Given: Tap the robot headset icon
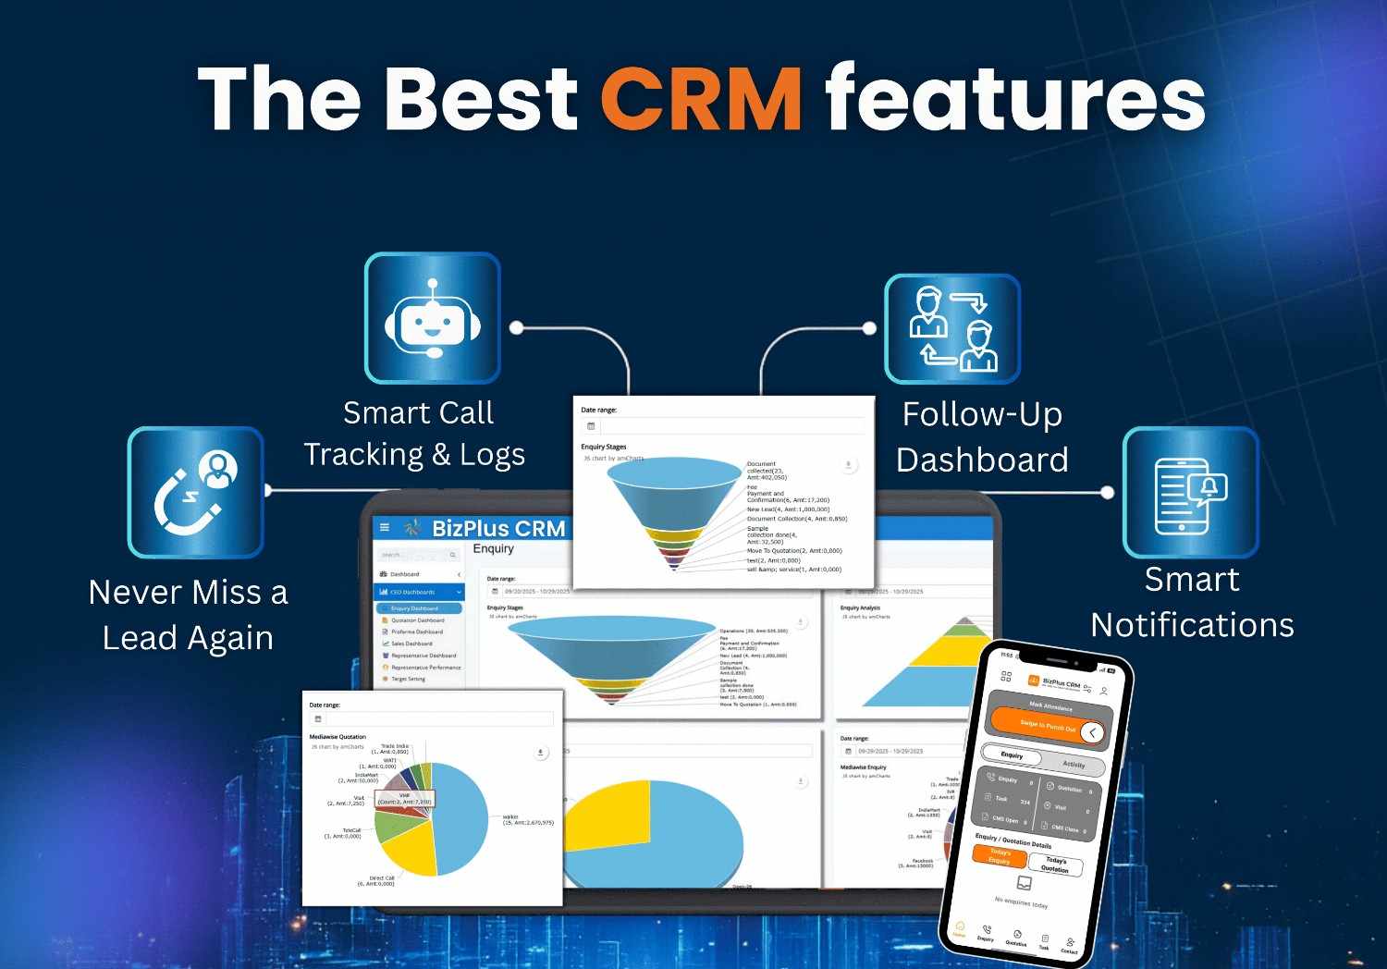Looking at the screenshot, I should click(432, 319).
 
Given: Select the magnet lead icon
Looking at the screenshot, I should click(195, 493).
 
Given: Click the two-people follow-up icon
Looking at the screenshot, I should click(952, 329).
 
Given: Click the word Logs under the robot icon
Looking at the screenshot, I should click(492, 455).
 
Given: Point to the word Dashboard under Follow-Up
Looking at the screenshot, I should click(982, 460).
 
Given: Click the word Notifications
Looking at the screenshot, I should click(1192, 625).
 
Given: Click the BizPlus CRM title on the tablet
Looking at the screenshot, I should click(498, 529).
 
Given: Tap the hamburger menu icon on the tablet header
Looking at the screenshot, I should click(385, 528).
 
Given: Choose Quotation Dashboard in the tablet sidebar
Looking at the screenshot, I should click(417, 620).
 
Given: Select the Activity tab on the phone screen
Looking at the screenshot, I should click(1073, 765).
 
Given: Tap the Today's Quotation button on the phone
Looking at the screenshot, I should click(1055, 865).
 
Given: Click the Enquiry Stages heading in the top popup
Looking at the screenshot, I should click(603, 447).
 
